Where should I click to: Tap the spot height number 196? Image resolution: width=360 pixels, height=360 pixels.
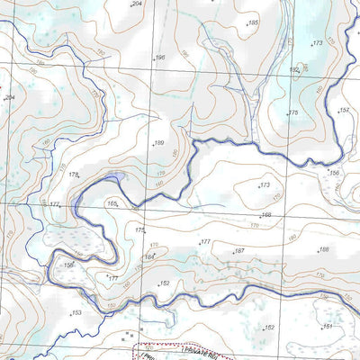click(160, 58)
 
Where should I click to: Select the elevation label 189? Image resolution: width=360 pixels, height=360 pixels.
click(158, 143)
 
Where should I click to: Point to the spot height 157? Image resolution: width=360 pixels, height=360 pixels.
click(343, 110)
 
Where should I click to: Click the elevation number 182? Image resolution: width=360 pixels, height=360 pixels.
click(293, 69)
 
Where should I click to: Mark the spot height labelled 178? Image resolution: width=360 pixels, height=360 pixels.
click(74, 174)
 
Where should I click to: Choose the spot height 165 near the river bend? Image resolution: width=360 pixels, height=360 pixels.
click(112, 203)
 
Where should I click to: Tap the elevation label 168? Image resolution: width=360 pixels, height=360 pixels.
click(266, 215)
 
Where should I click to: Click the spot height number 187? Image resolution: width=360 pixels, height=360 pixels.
click(239, 251)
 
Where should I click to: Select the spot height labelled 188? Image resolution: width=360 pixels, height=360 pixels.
click(324, 249)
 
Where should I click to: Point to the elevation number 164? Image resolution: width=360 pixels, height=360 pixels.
click(149, 256)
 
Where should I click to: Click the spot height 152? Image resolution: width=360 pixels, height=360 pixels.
click(165, 283)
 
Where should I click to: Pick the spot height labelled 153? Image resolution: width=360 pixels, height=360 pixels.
click(76, 312)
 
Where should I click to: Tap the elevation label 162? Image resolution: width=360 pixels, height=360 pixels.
click(269, 328)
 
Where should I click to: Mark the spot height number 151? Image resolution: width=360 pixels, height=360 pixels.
click(328, 326)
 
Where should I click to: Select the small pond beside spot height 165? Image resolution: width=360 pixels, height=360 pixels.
click(118, 178)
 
